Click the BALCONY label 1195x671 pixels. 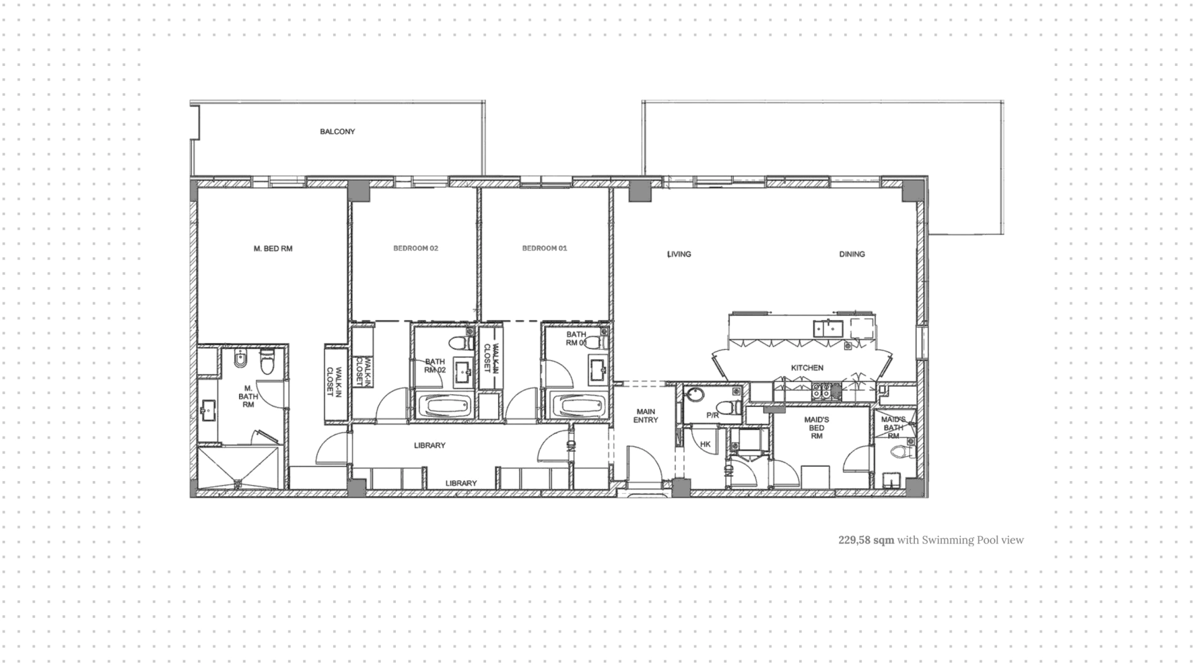pyautogui.click(x=337, y=132)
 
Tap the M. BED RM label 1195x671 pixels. pyautogui.click(x=273, y=249)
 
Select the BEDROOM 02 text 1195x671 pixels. pyautogui.click(x=416, y=248)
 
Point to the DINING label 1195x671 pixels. pyautogui.click(x=852, y=254)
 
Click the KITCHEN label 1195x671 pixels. pyautogui.click(x=807, y=368)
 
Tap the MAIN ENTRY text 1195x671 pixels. pyautogui.click(x=645, y=416)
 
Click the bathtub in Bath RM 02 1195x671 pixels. pyautogui.click(x=446, y=407)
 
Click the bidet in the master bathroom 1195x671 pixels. pyautogui.click(x=240, y=360)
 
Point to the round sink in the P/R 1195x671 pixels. pyautogui.click(x=695, y=395)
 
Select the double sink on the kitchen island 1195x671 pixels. pyautogui.click(x=827, y=327)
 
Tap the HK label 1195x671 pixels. pyautogui.click(x=705, y=444)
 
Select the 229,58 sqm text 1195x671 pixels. pyautogui.click(x=866, y=540)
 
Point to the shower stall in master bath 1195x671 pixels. pyautogui.click(x=238, y=468)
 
